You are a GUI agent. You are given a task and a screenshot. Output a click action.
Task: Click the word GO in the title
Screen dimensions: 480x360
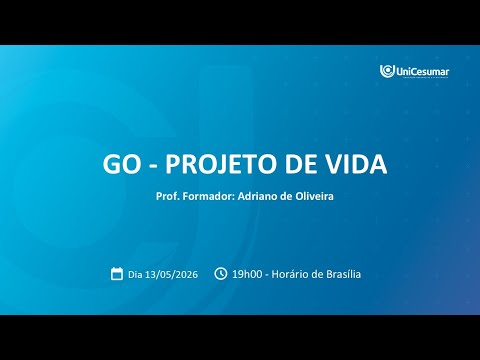pos(122,164)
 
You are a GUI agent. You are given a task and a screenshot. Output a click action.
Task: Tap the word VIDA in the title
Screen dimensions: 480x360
pos(357,164)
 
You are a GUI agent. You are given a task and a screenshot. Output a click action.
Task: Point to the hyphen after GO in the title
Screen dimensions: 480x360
pos(153,166)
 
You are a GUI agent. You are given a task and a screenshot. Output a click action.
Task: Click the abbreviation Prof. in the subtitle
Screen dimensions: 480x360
pos(168,196)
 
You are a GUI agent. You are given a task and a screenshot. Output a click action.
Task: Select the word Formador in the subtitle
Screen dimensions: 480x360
pos(209,196)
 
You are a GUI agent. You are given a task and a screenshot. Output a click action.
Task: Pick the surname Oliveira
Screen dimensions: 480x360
pos(314,196)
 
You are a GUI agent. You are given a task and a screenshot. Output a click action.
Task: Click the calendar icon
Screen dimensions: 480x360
pos(117,274)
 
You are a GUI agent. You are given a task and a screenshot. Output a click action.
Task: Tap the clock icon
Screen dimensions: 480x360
pos(220,274)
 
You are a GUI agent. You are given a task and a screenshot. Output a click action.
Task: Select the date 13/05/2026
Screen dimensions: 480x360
pos(172,274)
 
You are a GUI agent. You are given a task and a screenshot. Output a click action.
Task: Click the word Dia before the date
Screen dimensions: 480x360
pos(135,274)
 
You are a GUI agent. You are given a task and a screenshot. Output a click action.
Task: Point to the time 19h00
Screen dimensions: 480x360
pos(247,274)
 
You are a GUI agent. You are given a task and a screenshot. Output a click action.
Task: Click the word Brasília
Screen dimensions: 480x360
pos(343,274)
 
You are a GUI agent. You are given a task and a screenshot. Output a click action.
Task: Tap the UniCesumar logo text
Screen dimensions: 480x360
pos(422,71)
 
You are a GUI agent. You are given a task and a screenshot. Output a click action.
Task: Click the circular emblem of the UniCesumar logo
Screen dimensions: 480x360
pos(387,71)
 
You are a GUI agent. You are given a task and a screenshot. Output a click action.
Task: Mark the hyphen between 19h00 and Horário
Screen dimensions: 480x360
pos(267,275)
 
